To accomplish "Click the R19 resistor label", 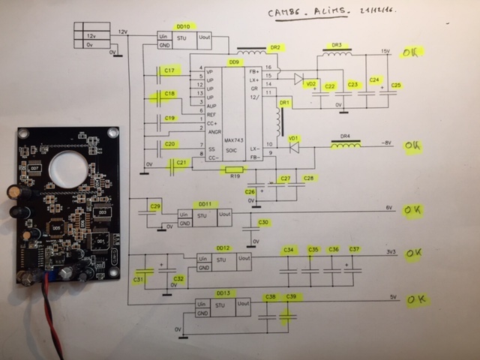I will point(234,176).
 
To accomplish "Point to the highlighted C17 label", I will point(169,70).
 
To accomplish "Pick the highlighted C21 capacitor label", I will point(180,162).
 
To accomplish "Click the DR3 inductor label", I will point(337,45).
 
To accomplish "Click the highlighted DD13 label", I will point(221,292).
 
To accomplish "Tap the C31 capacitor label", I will point(139,279).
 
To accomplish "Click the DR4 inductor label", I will point(345,136).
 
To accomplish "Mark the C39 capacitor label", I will point(291,297).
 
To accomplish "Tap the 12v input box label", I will point(91,36).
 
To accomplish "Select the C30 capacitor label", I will point(263,222).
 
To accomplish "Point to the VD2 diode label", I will point(310,84).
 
